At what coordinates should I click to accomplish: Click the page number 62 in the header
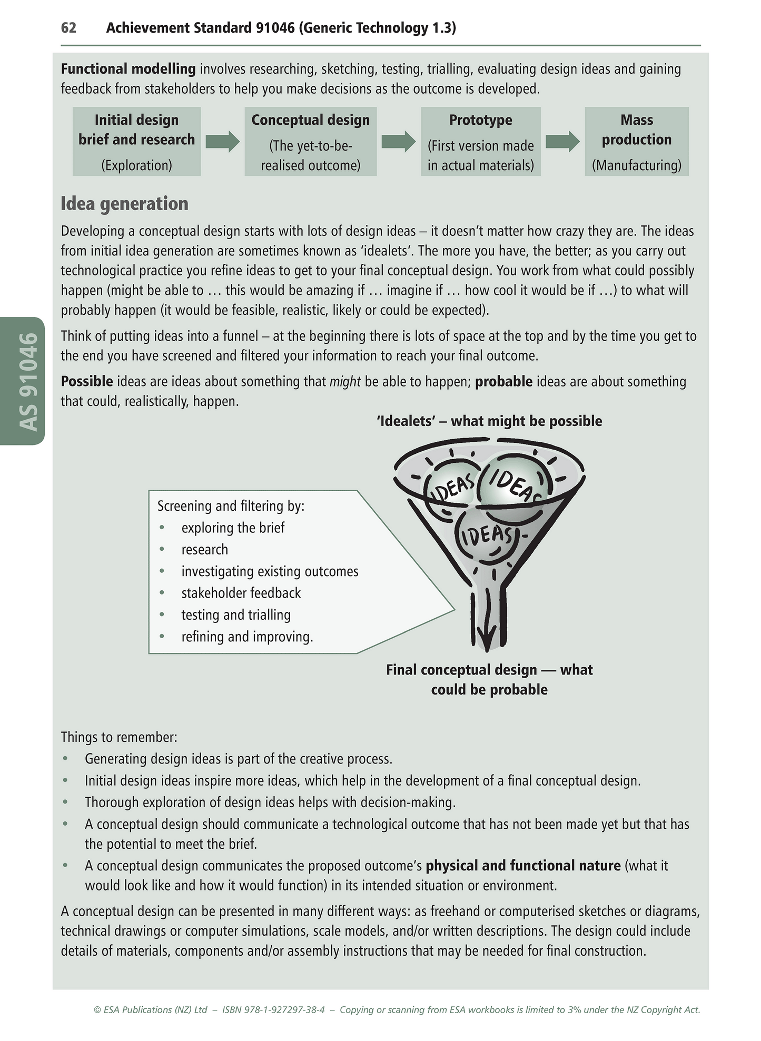68,28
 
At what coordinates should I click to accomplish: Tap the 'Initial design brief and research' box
136,141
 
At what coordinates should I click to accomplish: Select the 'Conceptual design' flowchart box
310,141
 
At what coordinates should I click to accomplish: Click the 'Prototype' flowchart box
480,141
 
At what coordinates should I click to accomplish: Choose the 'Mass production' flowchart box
636,141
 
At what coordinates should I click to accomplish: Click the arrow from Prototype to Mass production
562,141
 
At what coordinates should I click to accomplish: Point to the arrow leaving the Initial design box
222,141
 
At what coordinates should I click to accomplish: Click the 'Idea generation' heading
124,204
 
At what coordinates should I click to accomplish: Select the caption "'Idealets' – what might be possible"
489,421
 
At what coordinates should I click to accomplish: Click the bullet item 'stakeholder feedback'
241,593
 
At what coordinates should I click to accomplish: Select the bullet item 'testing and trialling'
236,615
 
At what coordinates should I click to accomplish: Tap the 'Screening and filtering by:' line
231,506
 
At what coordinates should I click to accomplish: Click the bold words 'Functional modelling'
128,69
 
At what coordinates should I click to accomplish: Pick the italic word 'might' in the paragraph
345,382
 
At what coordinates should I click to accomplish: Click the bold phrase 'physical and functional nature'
523,866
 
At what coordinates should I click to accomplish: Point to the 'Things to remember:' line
119,737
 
